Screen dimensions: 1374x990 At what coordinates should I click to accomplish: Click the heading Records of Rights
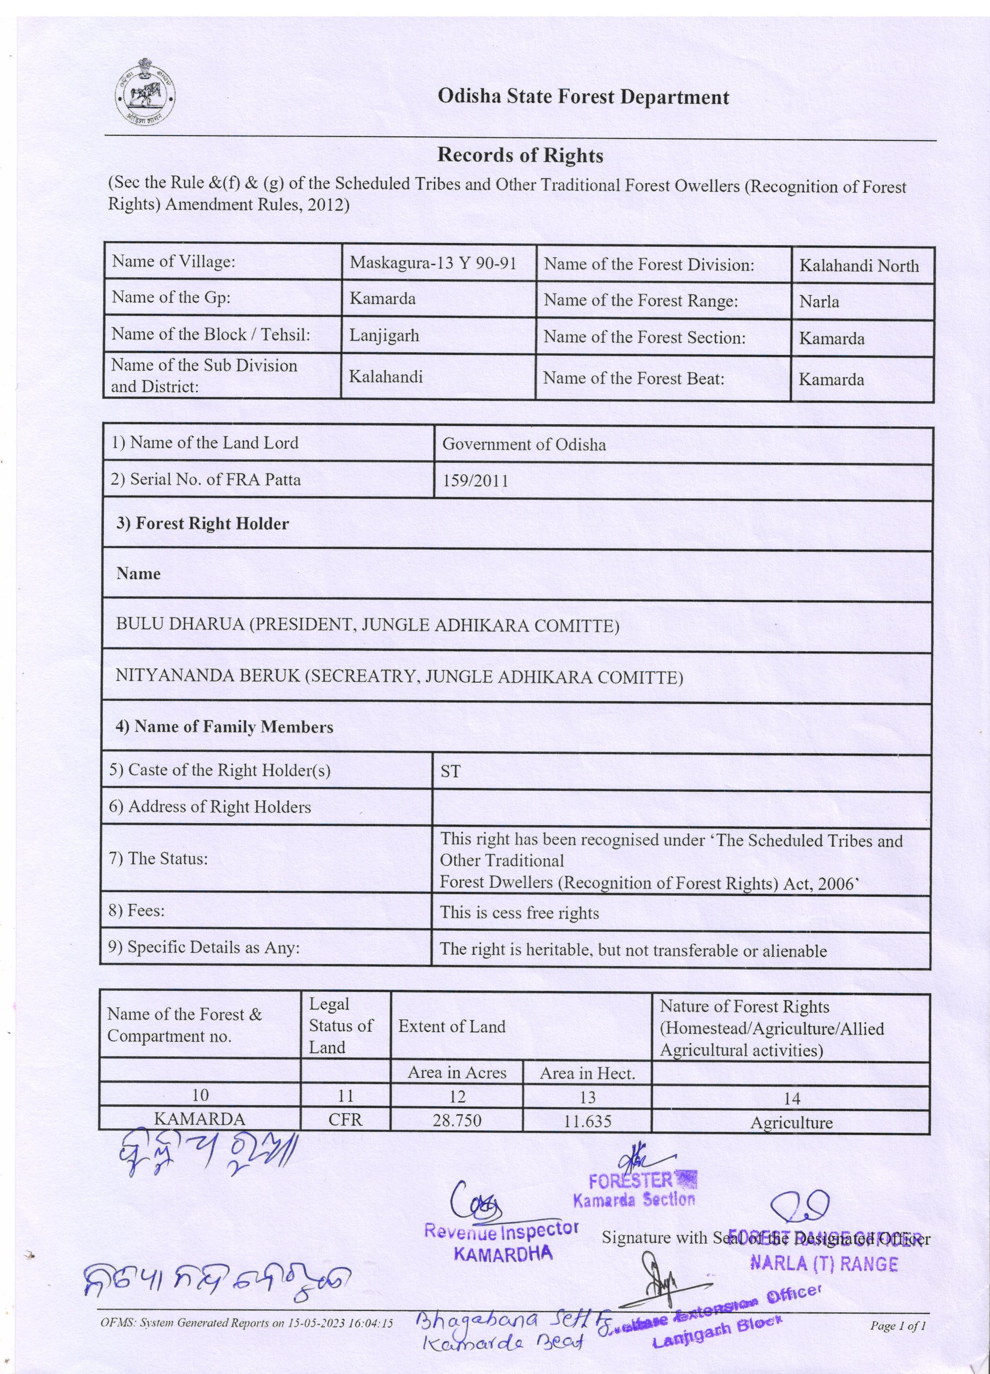(520, 156)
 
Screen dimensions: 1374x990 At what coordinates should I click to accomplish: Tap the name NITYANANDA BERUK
(208, 676)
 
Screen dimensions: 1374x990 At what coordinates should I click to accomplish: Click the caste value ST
(450, 771)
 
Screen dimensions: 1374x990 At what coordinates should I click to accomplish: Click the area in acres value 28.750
(457, 1120)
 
